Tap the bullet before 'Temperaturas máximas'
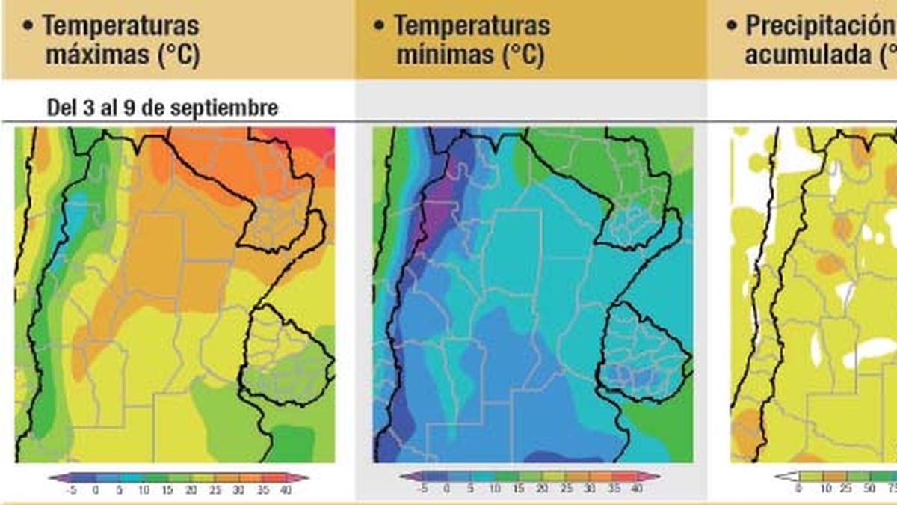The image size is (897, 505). coord(28,25)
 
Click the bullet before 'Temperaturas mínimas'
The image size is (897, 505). coord(379,25)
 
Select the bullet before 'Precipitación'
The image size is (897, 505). coord(732,25)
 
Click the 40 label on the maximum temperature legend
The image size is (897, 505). coord(283,490)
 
